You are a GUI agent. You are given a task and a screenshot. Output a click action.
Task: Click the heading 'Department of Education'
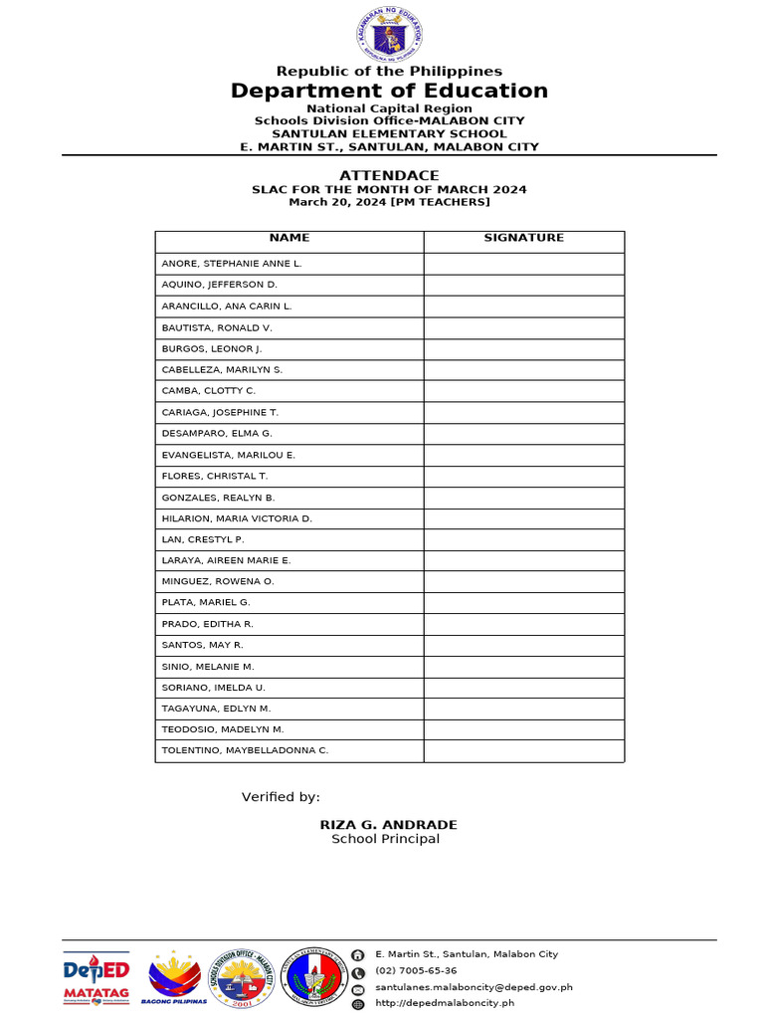tap(389, 92)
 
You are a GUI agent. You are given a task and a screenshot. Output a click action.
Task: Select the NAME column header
tap(289, 238)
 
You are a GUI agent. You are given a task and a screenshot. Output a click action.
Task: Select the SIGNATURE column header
tap(523, 238)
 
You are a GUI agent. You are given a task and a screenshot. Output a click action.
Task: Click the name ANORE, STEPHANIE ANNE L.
tap(232, 264)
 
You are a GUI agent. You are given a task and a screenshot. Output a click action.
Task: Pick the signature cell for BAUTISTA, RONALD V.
tap(523, 327)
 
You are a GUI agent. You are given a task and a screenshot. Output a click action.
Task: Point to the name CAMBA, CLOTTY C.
tap(209, 391)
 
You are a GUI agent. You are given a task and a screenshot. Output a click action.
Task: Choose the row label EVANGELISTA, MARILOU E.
tap(229, 455)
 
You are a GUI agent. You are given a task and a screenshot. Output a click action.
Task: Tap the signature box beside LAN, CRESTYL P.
tap(523, 539)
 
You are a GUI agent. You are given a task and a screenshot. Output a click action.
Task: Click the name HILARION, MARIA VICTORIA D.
tap(237, 518)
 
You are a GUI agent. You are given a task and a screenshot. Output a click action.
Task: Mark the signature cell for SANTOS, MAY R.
tap(523, 645)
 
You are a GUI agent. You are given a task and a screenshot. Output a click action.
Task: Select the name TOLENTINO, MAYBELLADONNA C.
tap(245, 750)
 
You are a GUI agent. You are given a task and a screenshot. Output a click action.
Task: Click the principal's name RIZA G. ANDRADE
tap(389, 825)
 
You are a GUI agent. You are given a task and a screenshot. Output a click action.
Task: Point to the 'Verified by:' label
tap(281, 797)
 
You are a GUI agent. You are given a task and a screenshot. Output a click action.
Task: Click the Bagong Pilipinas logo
tap(174, 978)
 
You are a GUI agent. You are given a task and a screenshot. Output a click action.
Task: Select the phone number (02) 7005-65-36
tap(416, 971)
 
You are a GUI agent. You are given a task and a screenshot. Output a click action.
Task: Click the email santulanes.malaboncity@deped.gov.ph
tap(474, 988)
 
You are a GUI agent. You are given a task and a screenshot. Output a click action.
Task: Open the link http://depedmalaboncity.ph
tap(445, 1003)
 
